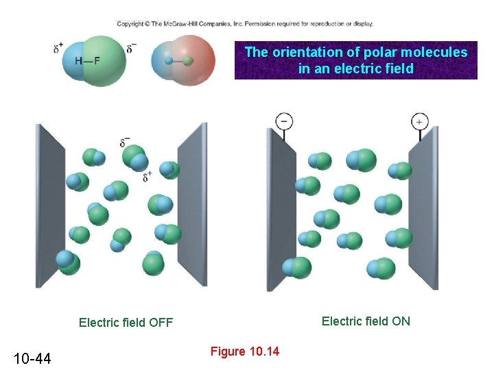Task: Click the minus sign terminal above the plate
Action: (x=283, y=121)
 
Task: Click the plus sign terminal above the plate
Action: (x=419, y=122)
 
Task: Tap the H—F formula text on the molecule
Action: (x=87, y=60)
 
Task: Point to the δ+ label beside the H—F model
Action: (x=58, y=49)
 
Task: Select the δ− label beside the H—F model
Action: (x=132, y=49)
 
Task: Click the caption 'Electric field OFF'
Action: (x=126, y=322)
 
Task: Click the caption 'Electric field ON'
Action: (x=366, y=321)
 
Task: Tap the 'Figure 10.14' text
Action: (x=245, y=351)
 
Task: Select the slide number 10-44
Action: (x=32, y=357)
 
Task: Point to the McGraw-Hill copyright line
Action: (x=245, y=24)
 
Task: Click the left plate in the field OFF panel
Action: (x=50, y=206)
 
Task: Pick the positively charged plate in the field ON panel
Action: (x=423, y=206)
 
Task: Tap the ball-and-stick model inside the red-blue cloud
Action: (x=179, y=61)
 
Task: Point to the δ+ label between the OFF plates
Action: (x=148, y=176)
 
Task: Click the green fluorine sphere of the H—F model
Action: (x=106, y=60)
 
